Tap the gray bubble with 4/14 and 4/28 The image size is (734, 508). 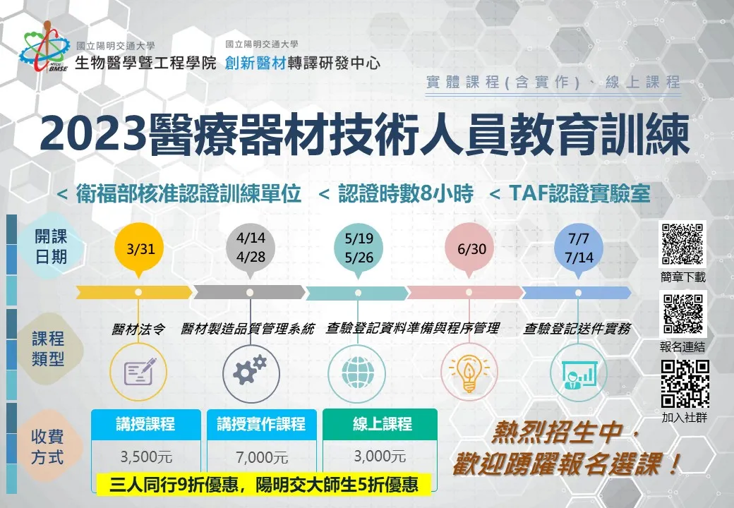tap(251, 248)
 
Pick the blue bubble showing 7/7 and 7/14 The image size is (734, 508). tap(579, 248)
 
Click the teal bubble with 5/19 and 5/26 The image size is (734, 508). tap(359, 248)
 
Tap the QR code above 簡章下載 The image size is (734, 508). tap(682, 244)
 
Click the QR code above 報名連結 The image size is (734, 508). tap(683, 313)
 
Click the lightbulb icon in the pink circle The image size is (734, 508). tap(469, 373)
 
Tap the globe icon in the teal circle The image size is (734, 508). tap(358, 373)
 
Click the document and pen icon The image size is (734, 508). tap(140, 371)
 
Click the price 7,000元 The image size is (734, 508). tap(262, 457)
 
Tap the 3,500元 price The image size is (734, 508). tap(146, 456)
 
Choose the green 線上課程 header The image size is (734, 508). tap(380, 424)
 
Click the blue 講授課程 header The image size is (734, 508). tap(146, 424)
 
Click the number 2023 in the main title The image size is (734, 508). tap(92, 135)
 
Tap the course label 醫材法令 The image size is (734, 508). tap(138, 329)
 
